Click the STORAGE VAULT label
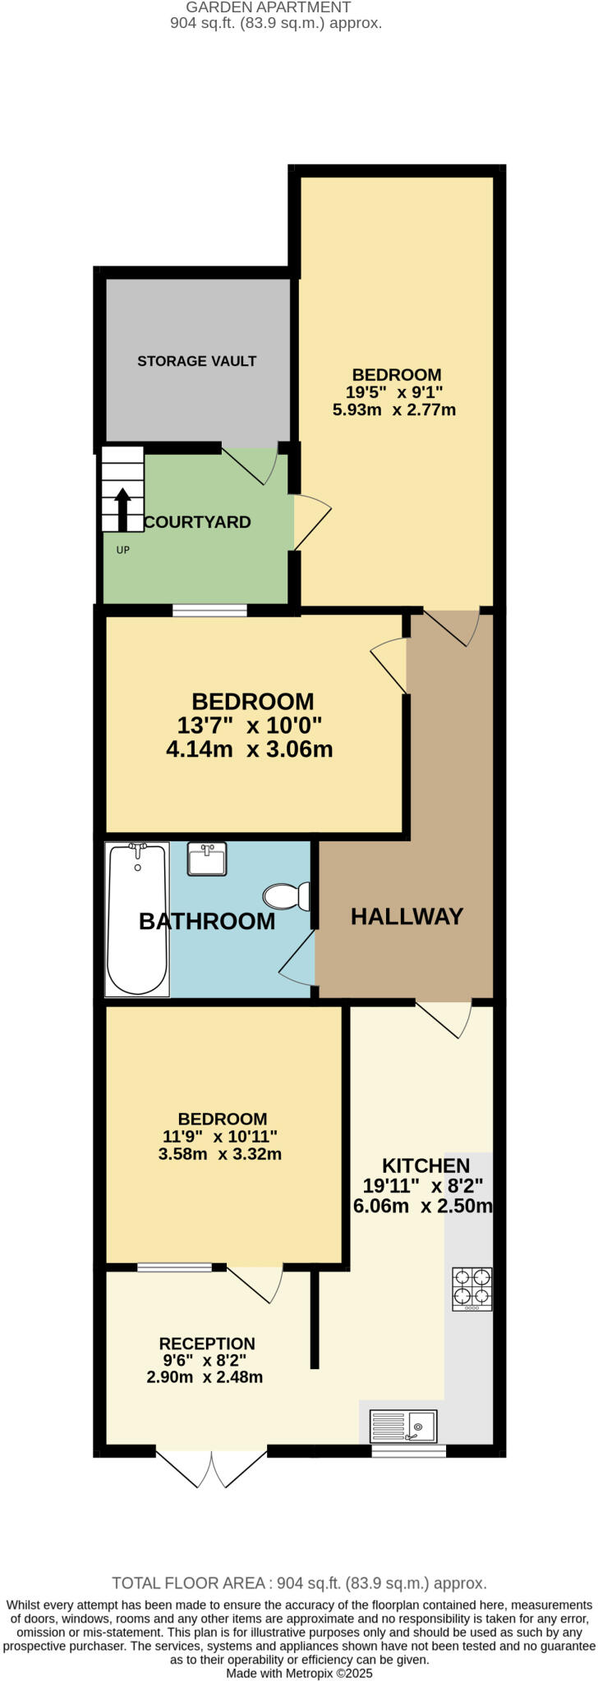[196, 361]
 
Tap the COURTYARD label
[197, 522]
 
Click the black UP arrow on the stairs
[122, 509]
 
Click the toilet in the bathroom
[285, 895]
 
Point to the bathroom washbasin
[207, 859]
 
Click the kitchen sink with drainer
[403, 1427]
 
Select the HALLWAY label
[407, 917]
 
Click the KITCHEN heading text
[426, 1166]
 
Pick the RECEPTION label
[207, 1344]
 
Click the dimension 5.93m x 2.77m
[394, 409]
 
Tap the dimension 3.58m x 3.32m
[220, 1154]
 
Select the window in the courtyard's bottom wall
[209, 610]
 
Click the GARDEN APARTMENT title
[269, 7]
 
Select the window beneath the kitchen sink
[408, 1450]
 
